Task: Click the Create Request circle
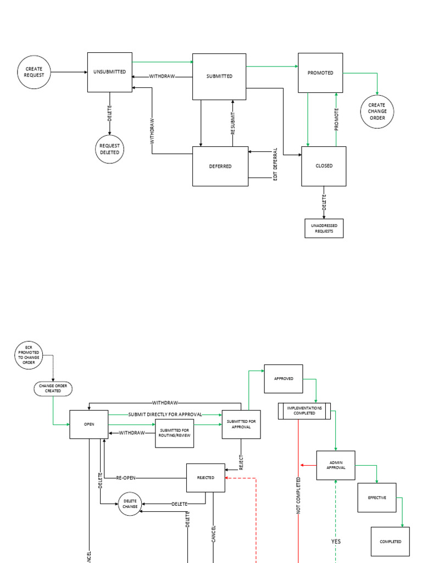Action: pyautogui.click(x=34, y=72)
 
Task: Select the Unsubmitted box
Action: pyautogui.click(x=110, y=72)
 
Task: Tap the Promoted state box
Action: pyautogui.click(x=320, y=73)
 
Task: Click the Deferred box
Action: pyautogui.click(x=220, y=166)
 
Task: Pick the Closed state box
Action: pyautogui.click(x=324, y=166)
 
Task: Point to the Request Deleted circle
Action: pyautogui.click(x=109, y=149)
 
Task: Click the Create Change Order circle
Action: pyautogui.click(x=377, y=111)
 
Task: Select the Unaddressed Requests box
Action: pyautogui.click(x=324, y=228)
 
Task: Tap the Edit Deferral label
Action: pyautogui.click(x=275, y=164)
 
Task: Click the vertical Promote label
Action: pyautogui.click(x=336, y=119)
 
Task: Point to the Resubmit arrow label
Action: pyautogui.click(x=232, y=124)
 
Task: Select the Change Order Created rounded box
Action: pyautogui.click(x=53, y=388)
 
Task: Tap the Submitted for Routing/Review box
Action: pyautogui.click(x=175, y=433)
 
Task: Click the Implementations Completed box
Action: pyautogui.click(x=304, y=411)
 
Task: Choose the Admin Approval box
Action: pyautogui.click(x=336, y=465)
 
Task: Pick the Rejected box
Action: pyautogui.click(x=206, y=478)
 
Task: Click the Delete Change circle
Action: pyautogui.click(x=130, y=504)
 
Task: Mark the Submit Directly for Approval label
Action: pyautogui.click(x=165, y=414)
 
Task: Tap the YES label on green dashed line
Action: pyautogui.click(x=336, y=542)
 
